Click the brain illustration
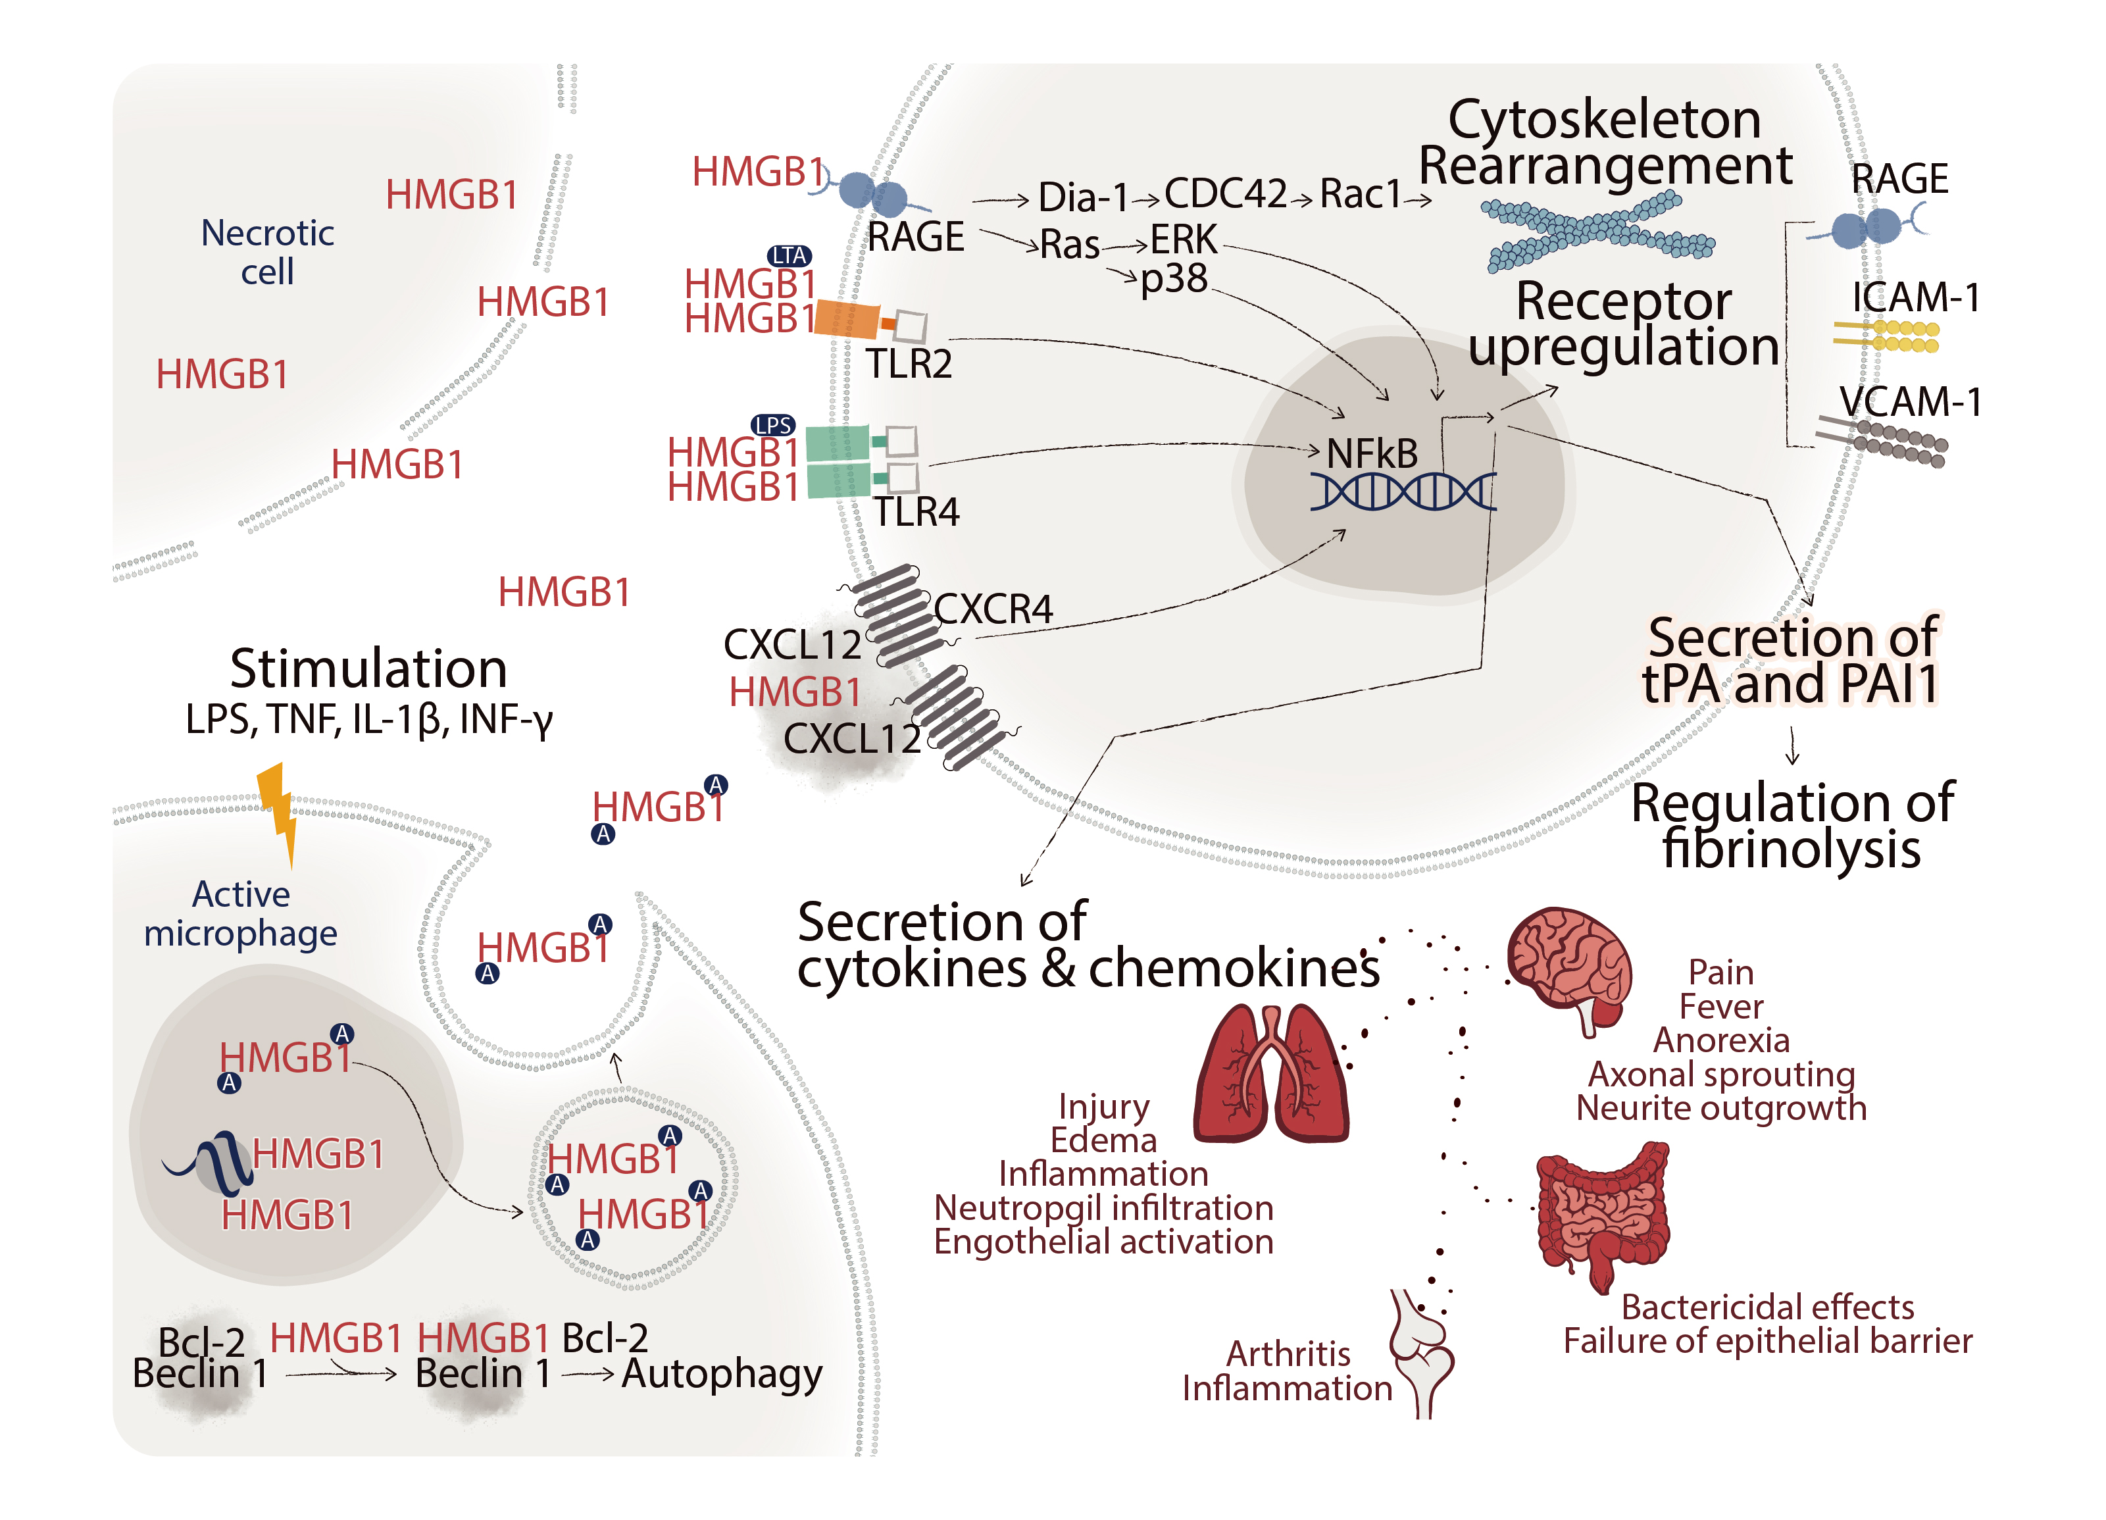(x=1569, y=966)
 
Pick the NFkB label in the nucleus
(x=1372, y=454)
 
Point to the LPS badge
(x=774, y=425)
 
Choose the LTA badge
(x=790, y=255)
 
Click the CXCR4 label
(x=993, y=610)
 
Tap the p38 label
(x=1174, y=278)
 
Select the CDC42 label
(x=1226, y=193)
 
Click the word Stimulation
(x=368, y=669)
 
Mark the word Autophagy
(x=722, y=1374)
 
